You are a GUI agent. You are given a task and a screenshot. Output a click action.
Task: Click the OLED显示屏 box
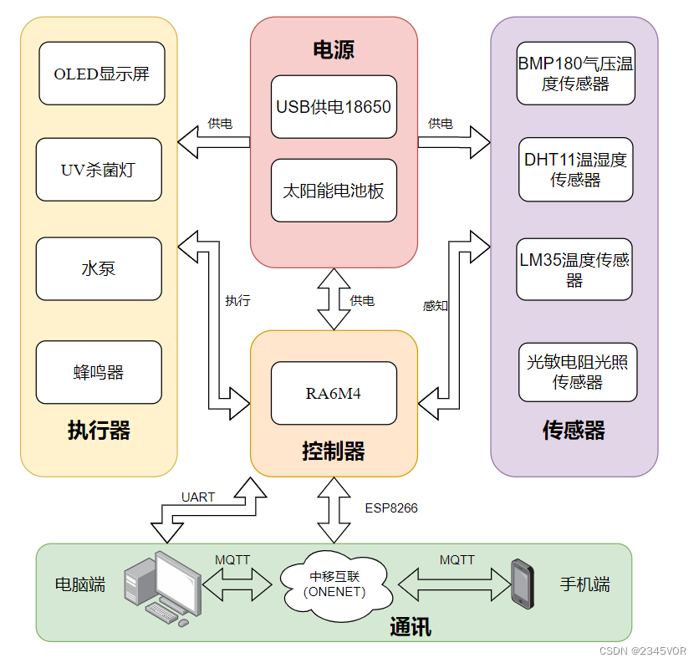[101, 74]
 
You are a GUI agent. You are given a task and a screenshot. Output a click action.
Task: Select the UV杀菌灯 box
[99, 170]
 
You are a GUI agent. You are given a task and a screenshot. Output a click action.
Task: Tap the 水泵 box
[99, 268]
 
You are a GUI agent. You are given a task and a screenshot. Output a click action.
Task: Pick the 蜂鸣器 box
[99, 372]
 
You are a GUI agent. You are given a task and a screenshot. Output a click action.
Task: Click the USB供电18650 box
[334, 107]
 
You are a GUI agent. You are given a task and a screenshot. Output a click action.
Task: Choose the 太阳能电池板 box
[334, 191]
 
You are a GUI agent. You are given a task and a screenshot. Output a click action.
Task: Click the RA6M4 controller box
[334, 393]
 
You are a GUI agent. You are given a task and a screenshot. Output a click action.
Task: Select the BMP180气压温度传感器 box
[576, 74]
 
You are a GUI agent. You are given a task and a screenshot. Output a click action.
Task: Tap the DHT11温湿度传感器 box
[575, 170]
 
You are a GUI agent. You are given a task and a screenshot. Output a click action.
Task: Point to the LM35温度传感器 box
[574, 269]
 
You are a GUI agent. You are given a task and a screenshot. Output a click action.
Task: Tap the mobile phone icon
[523, 583]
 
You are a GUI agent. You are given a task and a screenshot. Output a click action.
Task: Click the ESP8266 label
[390, 507]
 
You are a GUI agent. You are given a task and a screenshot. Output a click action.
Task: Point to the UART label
[198, 497]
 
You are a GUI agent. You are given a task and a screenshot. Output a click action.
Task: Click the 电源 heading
[334, 49]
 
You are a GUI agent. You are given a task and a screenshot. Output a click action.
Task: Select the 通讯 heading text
[411, 626]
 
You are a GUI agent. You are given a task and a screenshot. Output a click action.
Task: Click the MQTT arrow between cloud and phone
[455, 579]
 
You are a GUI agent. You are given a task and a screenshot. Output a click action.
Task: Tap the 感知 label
[435, 306]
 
